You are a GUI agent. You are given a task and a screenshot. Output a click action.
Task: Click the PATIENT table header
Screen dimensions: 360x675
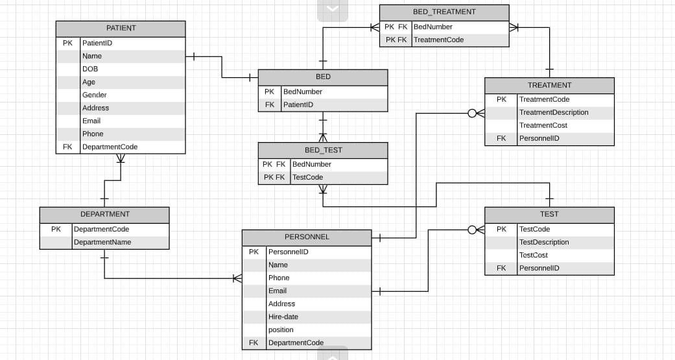pyautogui.click(x=121, y=29)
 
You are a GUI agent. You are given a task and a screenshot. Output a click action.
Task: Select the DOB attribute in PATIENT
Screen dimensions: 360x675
pyautogui.click(x=90, y=69)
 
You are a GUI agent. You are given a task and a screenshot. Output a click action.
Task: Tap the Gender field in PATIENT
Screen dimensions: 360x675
pyautogui.click(x=94, y=95)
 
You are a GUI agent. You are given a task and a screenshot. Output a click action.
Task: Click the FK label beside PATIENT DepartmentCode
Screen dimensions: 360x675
pyautogui.click(x=67, y=147)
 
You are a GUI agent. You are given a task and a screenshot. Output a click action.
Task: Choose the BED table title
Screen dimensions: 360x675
pyautogui.click(x=323, y=77)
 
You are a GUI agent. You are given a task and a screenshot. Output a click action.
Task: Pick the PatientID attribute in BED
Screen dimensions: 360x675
pyautogui.click(x=298, y=104)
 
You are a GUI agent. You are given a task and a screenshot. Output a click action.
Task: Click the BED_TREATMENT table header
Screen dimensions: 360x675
pyautogui.click(x=444, y=12)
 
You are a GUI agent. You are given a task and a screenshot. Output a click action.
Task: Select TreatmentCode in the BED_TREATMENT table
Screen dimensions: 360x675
pyautogui.click(x=438, y=40)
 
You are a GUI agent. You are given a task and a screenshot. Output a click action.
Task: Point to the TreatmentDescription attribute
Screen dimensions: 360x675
pyautogui.click(x=553, y=112)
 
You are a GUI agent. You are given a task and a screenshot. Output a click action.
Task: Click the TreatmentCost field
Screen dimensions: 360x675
pyautogui.click(x=543, y=125)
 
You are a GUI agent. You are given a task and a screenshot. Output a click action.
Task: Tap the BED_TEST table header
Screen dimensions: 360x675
pyautogui.click(x=323, y=150)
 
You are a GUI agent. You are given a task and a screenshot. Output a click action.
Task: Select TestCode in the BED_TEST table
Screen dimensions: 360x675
pyautogui.click(x=307, y=177)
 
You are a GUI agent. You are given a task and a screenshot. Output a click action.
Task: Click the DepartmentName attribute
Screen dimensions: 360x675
pyautogui.click(x=102, y=242)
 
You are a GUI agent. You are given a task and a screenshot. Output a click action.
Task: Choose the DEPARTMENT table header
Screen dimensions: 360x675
pyautogui.click(x=104, y=214)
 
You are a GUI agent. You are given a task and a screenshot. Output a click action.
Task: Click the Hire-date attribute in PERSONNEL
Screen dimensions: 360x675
pyautogui.click(x=283, y=317)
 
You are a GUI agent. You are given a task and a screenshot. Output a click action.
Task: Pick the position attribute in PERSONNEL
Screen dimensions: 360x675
pyautogui.click(x=281, y=330)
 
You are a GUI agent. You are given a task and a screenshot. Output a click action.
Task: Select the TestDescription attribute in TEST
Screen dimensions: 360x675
pyautogui.click(x=543, y=242)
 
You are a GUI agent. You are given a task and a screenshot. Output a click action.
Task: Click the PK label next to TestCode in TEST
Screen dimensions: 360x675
pyautogui.click(x=501, y=229)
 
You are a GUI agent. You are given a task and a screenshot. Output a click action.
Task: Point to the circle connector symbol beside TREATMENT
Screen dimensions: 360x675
pyautogui.click(x=472, y=114)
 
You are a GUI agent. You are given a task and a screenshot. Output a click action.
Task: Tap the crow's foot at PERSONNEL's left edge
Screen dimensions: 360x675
pyautogui.click(x=237, y=278)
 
